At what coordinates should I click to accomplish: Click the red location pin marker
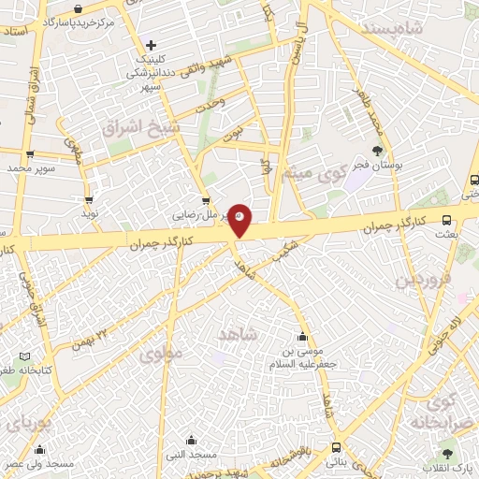click(x=240, y=219)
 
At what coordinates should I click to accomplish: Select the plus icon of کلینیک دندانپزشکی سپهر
click(x=151, y=44)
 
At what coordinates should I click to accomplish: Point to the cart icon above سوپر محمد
click(x=31, y=155)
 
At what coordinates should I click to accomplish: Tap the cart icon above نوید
click(x=89, y=200)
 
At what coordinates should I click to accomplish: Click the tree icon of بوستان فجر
click(x=377, y=150)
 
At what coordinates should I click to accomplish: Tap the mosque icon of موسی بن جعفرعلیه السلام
click(x=301, y=338)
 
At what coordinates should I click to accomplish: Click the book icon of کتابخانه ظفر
click(x=24, y=356)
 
